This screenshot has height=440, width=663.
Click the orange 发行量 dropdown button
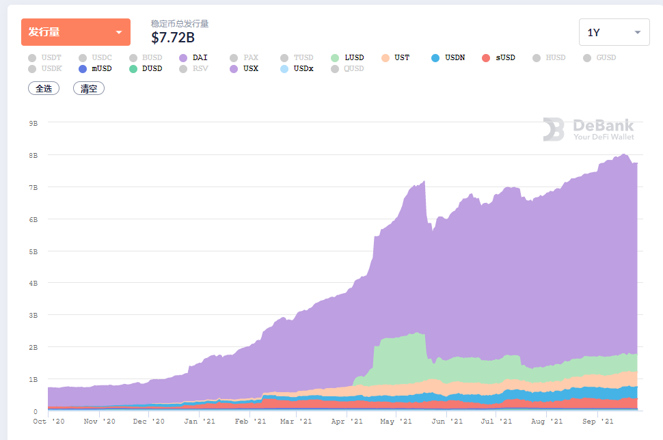[x=76, y=32]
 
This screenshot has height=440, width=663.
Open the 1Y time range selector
[x=614, y=32]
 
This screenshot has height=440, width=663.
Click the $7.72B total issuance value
[x=173, y=38]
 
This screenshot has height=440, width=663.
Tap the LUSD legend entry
[x=347, y=57]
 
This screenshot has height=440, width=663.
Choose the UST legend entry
[x=396, y=57]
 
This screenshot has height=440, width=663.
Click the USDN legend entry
[x=448, y=57]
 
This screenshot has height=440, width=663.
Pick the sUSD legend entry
[x=499, y=57]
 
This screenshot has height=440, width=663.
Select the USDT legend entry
[x=44, y=57]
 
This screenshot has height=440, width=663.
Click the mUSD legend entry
[x=95, y=68]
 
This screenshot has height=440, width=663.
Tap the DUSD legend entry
[x=146, y=68]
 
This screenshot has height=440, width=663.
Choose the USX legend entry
[x=244, y=68]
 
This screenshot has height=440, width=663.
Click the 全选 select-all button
[x=44, y=89]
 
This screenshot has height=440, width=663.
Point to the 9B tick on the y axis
[x=33, y=123]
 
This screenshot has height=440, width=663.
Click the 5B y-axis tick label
[x=33, y=251]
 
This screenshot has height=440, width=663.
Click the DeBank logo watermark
[x=588, y=129]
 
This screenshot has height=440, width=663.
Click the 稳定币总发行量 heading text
[x=180, y=23]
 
